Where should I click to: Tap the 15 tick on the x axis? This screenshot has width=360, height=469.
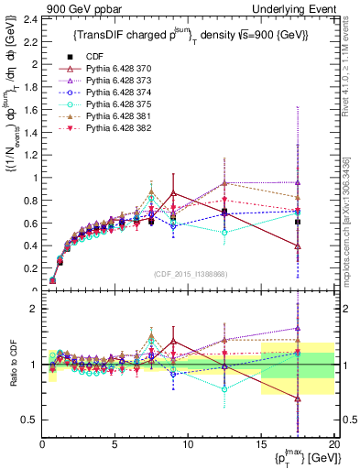[261, 446]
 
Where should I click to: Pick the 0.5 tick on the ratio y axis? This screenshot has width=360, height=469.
[28, 420]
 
